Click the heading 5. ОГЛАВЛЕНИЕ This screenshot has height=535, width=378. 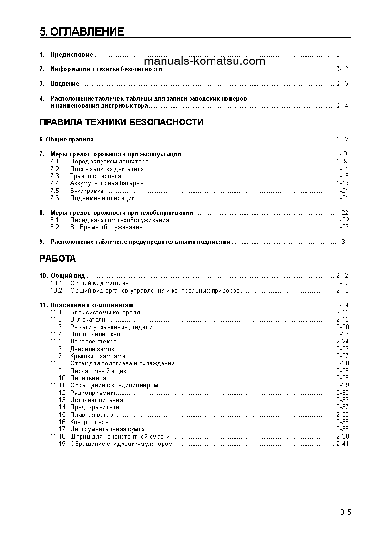pos(82,32)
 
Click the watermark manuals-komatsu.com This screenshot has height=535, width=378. pos(204,61)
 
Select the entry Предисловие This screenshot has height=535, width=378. pos(72,55)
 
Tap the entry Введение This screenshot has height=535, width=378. pos(65,84)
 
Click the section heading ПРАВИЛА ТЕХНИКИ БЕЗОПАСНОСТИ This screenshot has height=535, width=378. pos(121,122)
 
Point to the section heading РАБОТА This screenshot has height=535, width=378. pos(57,259)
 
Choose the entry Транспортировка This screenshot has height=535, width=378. pos(95,176)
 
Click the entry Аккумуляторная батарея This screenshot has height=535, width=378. pos(106,183)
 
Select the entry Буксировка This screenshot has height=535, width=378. pos(86,191)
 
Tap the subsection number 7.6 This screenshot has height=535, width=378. pos(54,198)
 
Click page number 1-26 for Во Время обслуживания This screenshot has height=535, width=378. pos(342,227)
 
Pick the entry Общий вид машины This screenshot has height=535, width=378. pos(100,283)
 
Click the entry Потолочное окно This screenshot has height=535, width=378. pos(95,334)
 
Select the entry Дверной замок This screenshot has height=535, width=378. pos(92,349)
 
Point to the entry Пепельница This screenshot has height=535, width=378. pos(88,378)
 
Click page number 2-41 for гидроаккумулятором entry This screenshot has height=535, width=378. pos(342,444)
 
